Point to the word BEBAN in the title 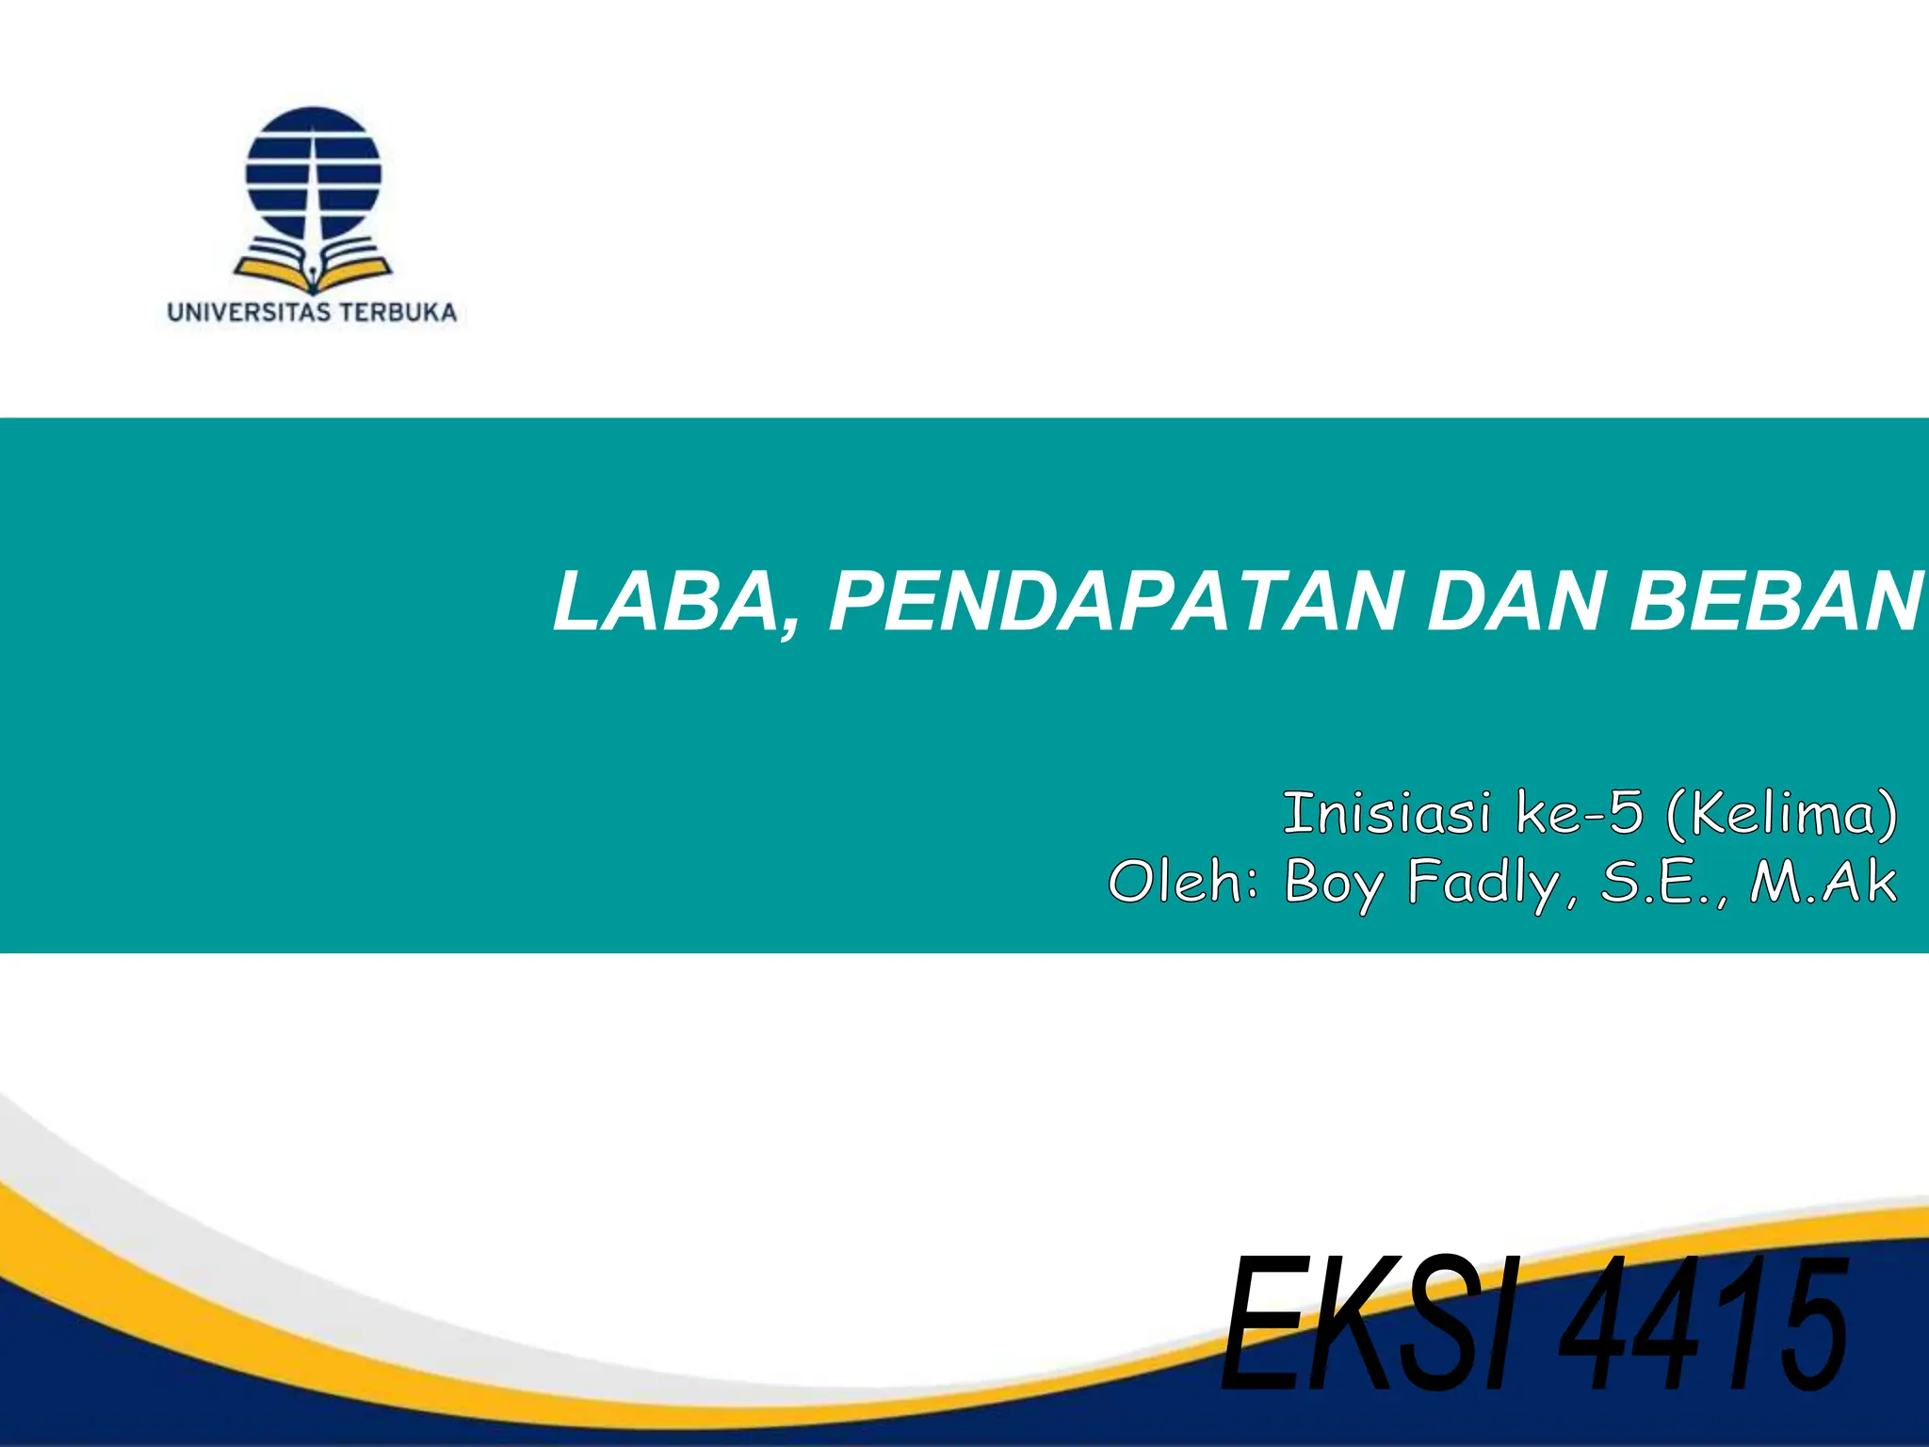coord(1775,603)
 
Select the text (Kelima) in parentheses coord(1781,814)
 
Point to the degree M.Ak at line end coord(1823,883)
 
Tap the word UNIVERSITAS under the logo coord(249,313)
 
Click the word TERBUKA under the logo coord(397,313)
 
